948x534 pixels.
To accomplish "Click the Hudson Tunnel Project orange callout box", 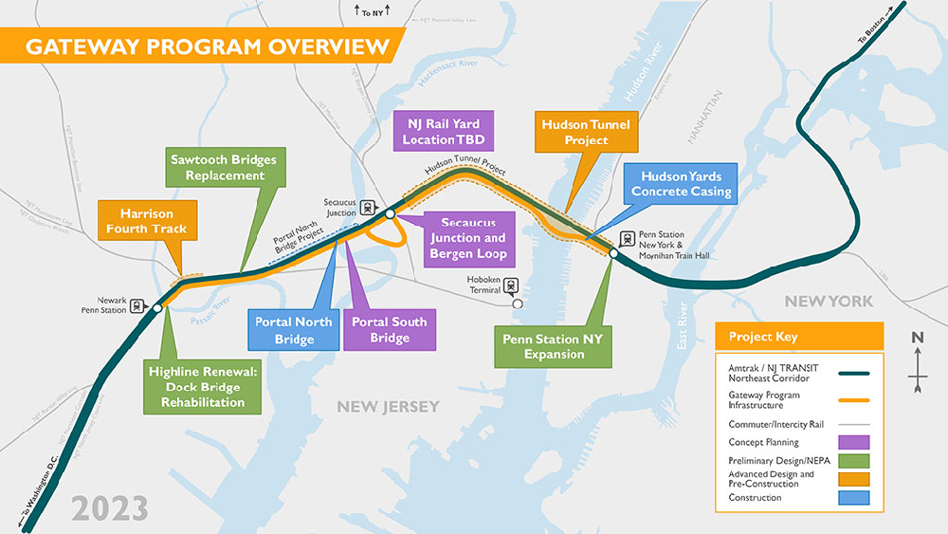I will coord(585,132).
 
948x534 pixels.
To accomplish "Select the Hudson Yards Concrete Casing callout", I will coord(681,184).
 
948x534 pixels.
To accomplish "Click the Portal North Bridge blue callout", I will coord(294,330).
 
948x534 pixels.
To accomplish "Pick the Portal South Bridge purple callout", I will coord(389,330).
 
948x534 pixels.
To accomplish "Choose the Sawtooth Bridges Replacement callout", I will coord(225,168).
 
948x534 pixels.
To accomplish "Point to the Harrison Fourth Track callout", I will coord(146,220).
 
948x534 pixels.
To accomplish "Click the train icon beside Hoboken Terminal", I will coord(512,285).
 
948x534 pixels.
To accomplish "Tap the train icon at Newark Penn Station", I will coord(138,306).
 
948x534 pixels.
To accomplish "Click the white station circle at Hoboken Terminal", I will coord(517,304).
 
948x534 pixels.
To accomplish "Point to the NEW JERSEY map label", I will coord(389,406).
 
